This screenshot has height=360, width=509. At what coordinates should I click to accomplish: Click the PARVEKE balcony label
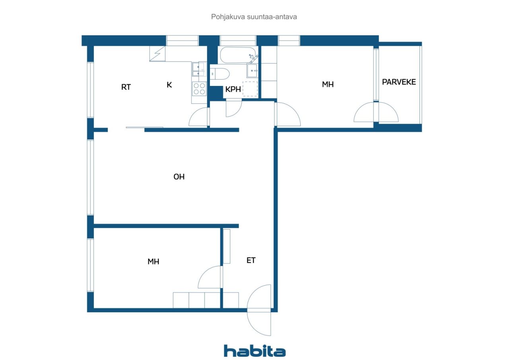(399, 82)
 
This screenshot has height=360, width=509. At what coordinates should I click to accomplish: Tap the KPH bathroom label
(233, 90)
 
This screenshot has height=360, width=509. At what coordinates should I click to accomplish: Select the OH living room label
(179, 177)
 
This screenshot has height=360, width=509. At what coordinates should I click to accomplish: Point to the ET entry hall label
(251, 260)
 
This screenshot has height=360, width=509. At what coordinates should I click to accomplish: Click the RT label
(126, 87)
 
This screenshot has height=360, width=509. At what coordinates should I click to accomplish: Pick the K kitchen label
(169, 85)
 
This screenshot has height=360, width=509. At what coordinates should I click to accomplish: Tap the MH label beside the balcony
(328, 85)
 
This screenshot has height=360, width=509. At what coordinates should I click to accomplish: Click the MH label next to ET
(153, 262)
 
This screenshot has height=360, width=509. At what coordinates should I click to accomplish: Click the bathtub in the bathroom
(239, 55)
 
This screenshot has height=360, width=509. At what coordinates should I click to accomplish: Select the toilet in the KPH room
(220, 74)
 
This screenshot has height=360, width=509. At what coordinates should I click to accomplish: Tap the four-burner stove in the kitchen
(199, 89)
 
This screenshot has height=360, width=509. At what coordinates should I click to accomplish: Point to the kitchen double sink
(199, 69)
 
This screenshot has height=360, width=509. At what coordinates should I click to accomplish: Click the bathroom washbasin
(252, 71)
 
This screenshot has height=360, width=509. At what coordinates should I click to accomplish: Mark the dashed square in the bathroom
(250, 89)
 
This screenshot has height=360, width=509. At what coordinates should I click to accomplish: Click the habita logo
(254, 351)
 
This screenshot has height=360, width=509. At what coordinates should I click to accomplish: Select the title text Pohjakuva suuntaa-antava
(254, 17)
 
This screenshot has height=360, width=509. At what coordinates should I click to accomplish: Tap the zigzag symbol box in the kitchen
(157, 54)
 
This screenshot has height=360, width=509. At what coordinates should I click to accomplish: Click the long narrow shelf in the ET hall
(227, 246)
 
